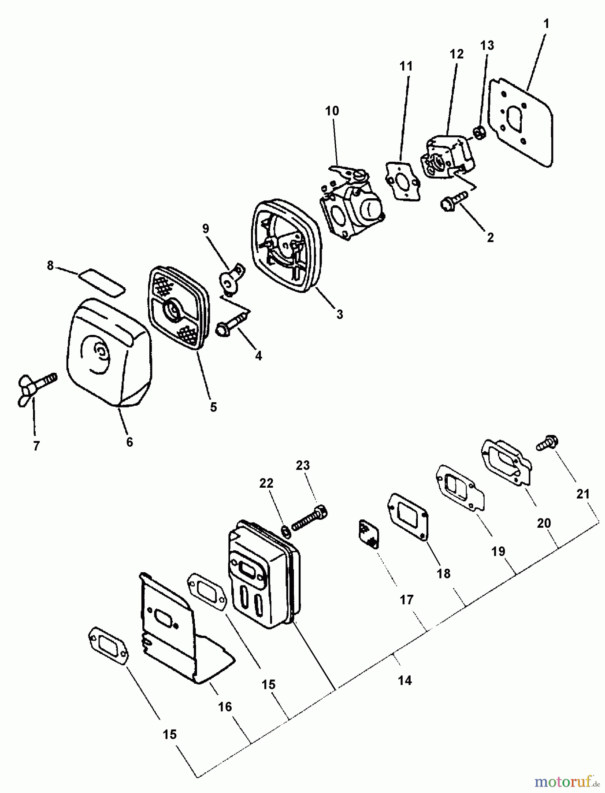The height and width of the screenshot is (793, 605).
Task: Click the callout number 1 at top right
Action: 546,23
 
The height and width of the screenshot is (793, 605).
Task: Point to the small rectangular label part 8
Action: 102,282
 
